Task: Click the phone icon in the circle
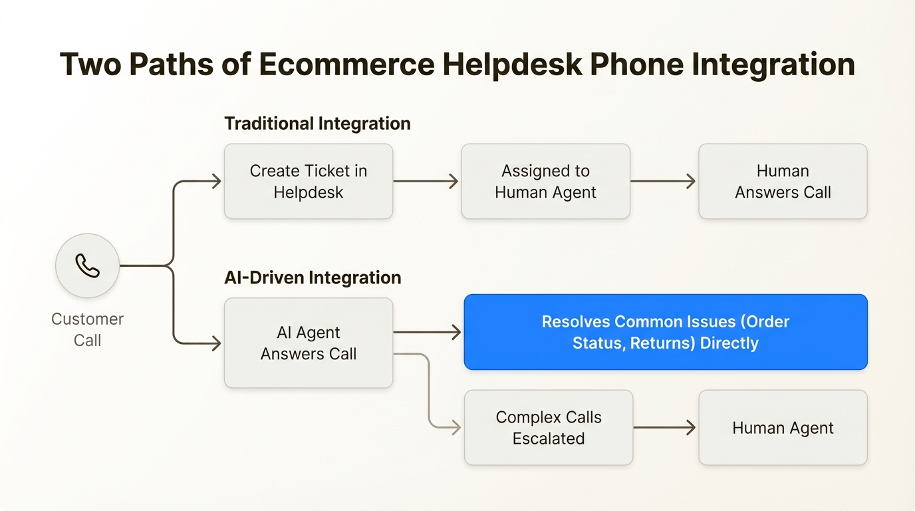(87, 265)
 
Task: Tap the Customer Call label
(87, 329)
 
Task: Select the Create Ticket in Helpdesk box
(309, 181)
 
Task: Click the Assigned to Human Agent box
(545, 181)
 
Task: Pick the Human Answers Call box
(783, 181)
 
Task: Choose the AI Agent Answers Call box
(309, 343)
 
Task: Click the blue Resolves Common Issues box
(665, 332)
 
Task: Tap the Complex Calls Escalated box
(548, 427)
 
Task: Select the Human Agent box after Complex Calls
(783, 427)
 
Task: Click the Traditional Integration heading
(317, 124)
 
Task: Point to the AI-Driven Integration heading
(313, 277)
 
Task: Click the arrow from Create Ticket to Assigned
(426, 181)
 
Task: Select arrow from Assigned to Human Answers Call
(663, 181)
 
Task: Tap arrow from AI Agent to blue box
(428, 332)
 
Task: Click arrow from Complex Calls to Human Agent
(664, 427)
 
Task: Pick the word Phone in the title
(636, 65)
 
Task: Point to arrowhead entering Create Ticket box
(216, 181)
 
